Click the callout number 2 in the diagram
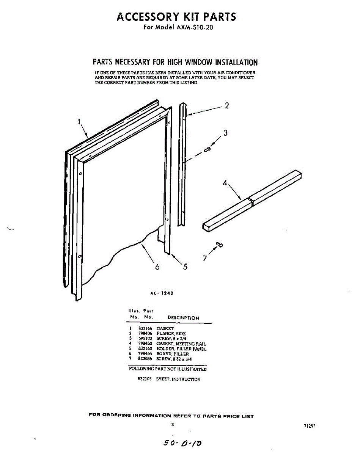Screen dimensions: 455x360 coord(226,106)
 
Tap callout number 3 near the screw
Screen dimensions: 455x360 coord(225,133)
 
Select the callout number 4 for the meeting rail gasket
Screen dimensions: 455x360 coord(225,183)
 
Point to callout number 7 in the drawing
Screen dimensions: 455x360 coord(205,259)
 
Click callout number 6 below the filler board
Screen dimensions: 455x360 coord(157,267)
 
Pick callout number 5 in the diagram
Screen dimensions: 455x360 coord(185,267)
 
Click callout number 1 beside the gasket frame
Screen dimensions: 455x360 coord(79,122)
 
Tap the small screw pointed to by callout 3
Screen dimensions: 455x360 coord(207,150)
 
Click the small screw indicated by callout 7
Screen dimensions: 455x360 coord(219,245)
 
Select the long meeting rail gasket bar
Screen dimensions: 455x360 coord(252,200)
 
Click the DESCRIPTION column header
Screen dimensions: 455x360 coord(183,318)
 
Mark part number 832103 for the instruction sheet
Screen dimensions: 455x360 coord(145,379)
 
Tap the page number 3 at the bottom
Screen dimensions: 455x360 coord(173,425)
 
